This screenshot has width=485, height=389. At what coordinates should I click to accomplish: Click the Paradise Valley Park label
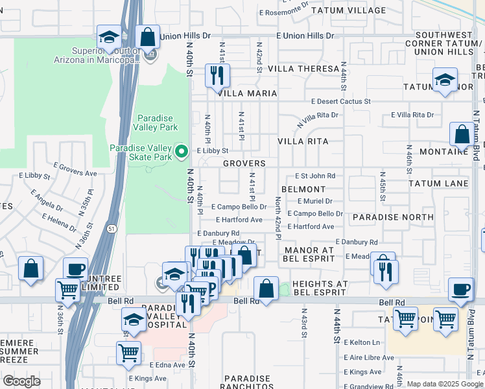pos(154,123)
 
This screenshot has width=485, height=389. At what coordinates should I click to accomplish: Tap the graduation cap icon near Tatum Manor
pos(445,80)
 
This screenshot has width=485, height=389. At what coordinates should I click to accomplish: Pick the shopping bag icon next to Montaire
pos(462,135)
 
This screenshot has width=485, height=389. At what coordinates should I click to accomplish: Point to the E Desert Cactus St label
pos(340,102)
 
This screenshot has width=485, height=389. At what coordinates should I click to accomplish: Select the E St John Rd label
pos(315,176)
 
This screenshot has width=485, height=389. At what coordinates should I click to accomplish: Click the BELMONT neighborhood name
pos(303,189)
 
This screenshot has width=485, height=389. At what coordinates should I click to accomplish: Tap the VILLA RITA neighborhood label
pos(303,141)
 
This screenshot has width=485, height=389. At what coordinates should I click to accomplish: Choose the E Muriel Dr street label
pos(315,201)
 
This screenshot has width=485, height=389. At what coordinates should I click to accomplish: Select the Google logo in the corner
pos(21,381)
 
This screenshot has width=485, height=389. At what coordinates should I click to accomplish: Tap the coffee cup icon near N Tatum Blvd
pos(461,289)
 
